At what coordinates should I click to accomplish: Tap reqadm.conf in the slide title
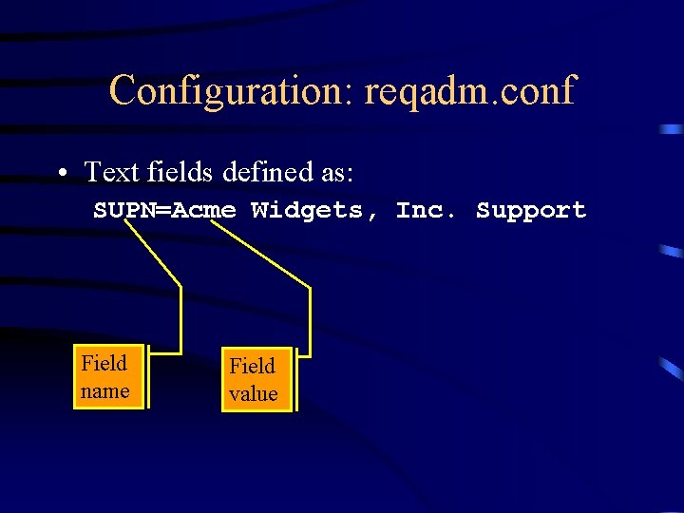[469, 91]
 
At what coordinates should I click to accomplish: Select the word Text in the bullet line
[112, 172]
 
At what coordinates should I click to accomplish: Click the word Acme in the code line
[198, 210]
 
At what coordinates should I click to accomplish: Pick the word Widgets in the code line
[306, 210]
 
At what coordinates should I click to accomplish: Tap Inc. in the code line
[427, 210]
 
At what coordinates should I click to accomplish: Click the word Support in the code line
[531, 210]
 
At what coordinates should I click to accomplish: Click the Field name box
[108, 377]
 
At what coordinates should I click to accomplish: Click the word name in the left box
[104, 391]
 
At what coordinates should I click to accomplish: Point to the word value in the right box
[253, 394]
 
